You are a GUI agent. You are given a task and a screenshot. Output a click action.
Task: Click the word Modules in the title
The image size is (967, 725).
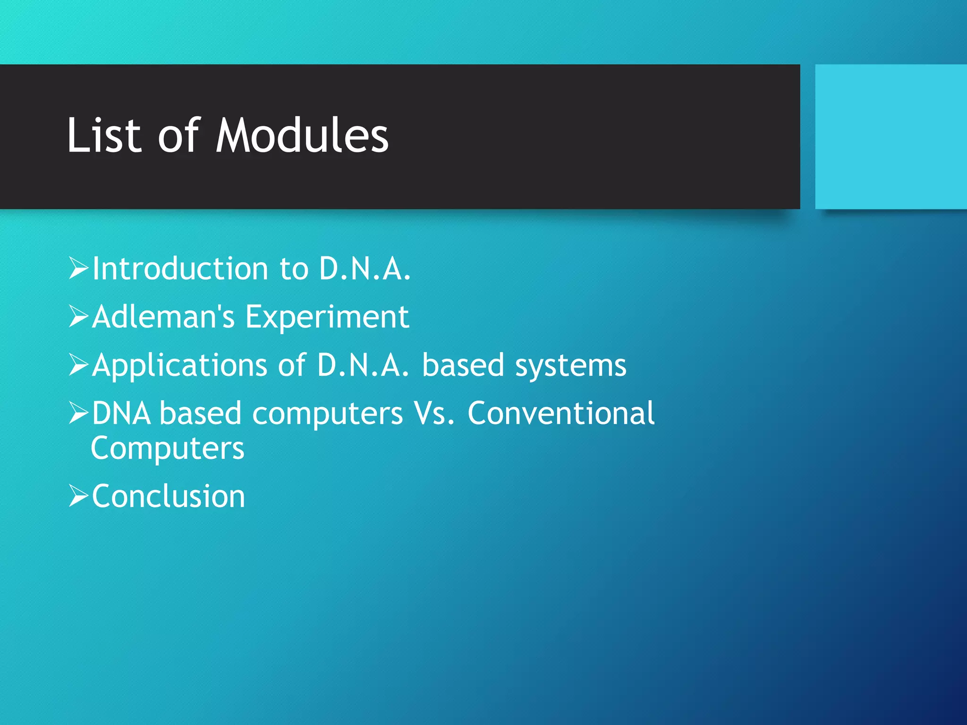pyautogui.click(x=302, y=136)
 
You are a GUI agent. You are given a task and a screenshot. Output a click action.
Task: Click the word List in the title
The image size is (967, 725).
pyautogui.click(x=104, y=136)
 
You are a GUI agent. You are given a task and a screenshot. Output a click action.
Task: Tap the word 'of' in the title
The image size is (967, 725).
pyautogui.click(x=178, y=136)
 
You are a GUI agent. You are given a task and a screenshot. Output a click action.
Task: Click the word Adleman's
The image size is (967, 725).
pyautogui.click(x=163, y=317)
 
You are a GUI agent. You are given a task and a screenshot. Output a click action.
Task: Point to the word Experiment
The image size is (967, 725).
pyautogui.click(x=327, y=318)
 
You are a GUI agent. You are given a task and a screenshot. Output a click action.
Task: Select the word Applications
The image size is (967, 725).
pyautogui.click(x=180, y=366)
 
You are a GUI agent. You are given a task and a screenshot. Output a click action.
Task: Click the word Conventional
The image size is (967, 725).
pyautogui.click(x=561, y=413)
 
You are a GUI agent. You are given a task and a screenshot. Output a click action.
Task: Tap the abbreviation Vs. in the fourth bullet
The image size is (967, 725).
pyautogui.click(x=434, y=413)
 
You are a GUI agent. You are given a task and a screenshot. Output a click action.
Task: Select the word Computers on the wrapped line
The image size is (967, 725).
pyautogui.click(x=168, y=448)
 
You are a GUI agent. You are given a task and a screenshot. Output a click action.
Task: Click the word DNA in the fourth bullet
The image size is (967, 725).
pyautogui.click(x=121, y=413)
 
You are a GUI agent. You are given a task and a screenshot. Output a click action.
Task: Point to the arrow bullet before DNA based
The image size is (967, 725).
pyautogui.click(x=78, y=413)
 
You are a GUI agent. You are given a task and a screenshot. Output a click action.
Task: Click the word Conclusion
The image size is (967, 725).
pyautogui.click(x=169, y=497)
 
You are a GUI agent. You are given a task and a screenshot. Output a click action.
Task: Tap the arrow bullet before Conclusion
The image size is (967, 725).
pyautogui.click(x=78, y=496)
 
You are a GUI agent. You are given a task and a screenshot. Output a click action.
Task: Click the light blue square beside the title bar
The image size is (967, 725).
pyautogui.click(x=891, y=136)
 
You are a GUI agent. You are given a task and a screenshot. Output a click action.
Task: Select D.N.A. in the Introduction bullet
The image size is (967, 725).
pyautogui.click(x=365, y=269)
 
